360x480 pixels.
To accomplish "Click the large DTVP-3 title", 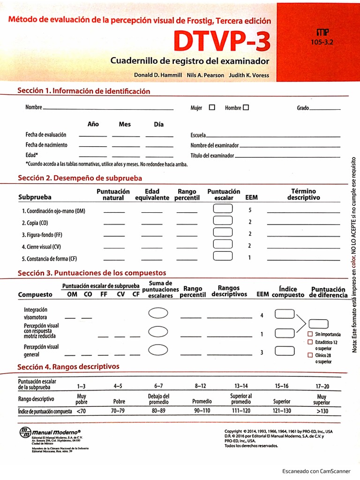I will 222,42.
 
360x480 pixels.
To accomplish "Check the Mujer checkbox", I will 212,107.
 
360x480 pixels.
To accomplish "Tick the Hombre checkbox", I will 246,107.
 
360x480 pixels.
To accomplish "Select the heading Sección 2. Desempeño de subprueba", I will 80,178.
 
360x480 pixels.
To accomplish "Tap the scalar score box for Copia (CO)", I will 223,221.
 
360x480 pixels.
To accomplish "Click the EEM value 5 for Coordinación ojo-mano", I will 250,210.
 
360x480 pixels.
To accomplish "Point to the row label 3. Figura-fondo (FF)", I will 42,234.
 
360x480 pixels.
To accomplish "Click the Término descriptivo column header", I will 303,195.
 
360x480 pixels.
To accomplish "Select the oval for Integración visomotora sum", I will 158,314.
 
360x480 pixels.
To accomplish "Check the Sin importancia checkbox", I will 310,334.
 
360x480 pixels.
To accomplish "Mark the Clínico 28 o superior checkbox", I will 310,355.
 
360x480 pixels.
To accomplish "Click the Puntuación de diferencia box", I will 319,323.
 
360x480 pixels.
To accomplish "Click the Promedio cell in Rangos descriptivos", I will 202,402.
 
